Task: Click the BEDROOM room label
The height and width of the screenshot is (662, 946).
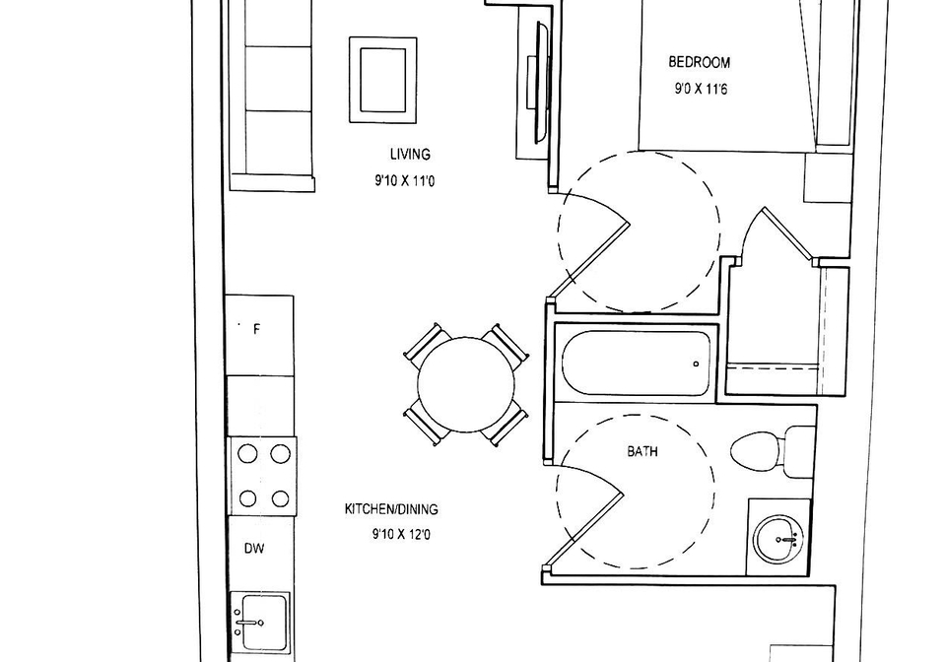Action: pos(700,62)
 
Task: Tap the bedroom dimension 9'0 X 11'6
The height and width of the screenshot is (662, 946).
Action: pos(701,90)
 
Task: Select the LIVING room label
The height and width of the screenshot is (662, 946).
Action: pos(410,155)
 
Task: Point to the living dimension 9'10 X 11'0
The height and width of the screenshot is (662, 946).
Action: pos(404,181)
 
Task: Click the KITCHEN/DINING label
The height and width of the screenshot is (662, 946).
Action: pos(391,509)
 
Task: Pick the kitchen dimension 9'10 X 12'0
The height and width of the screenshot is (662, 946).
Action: pos(401,534)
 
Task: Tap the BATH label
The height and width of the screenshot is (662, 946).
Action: pos(642,451)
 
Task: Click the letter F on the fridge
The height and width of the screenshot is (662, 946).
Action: pos(256,329)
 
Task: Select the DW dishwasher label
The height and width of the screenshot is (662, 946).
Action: pos(254,549)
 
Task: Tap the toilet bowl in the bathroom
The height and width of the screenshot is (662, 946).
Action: pos(756,451)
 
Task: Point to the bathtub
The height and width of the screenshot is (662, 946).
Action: pos(636,364)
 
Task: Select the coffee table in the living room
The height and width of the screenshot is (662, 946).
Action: pos(383,80)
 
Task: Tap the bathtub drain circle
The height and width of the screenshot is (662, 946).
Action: pos(697,364)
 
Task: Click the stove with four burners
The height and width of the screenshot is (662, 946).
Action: pos(262,476)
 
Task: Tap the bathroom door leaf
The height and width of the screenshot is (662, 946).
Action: pos(584,529)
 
